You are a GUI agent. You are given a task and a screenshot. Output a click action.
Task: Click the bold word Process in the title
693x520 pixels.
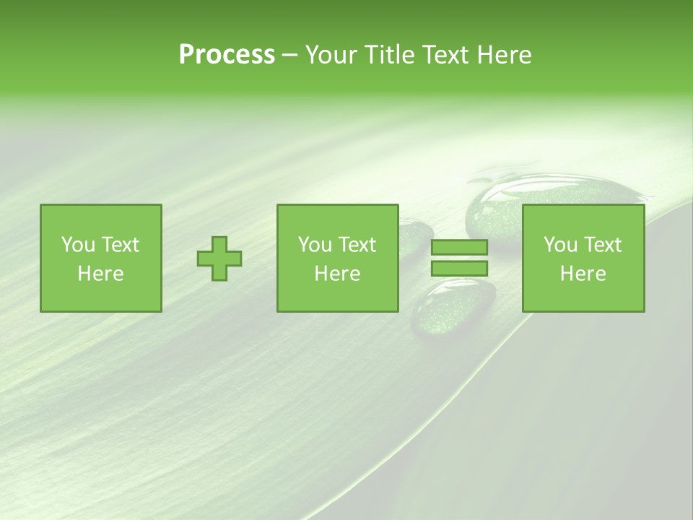(227, 55)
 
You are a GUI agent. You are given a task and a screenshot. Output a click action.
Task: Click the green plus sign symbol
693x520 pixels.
(219, 258)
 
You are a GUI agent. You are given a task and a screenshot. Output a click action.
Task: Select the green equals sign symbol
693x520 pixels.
(459, 258)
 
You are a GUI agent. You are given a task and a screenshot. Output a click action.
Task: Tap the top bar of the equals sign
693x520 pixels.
(459, 248)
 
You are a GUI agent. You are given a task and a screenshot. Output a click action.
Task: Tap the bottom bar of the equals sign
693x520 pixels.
(459, 268)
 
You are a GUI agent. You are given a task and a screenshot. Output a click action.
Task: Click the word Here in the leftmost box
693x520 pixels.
(100, 274)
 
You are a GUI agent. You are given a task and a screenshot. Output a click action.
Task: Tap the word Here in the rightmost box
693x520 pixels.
(583, 274)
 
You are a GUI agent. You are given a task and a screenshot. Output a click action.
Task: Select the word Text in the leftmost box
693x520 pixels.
(121, 245)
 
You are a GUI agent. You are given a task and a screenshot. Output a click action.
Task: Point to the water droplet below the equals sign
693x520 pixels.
(453, 307)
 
